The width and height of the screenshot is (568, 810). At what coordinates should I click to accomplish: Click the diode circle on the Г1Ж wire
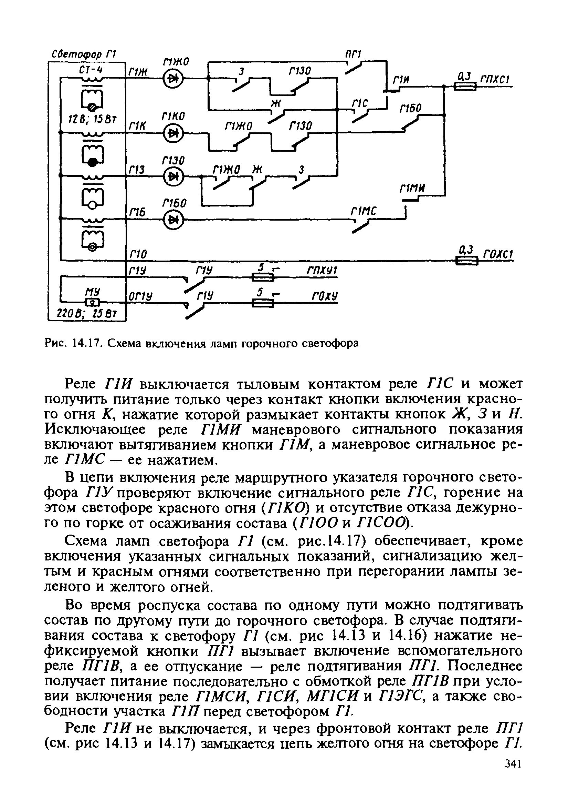pyautogui.click(x=173, y=78)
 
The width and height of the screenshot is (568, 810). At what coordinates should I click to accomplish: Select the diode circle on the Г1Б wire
pyautogui.click(x=173, y=220)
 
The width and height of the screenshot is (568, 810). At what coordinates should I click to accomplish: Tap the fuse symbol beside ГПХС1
pyautogui.click(x=465, y=86)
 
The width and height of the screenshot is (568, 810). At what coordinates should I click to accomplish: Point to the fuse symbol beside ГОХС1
pyautogui.click(x=466, y=261)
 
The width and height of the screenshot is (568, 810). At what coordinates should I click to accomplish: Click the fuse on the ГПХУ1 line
pyautogui.click(x=263, y=278)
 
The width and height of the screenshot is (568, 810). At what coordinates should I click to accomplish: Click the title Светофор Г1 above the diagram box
pyautogui.click(x=84, y=55)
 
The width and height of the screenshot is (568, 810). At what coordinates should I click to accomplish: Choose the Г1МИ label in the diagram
pyautogui.click(x=412, y=189)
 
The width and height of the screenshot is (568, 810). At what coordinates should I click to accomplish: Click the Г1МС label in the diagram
pyautogui.click(x=363, y=211)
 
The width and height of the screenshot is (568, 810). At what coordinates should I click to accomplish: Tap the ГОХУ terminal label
pyautogui.click(x=325, y=296)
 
